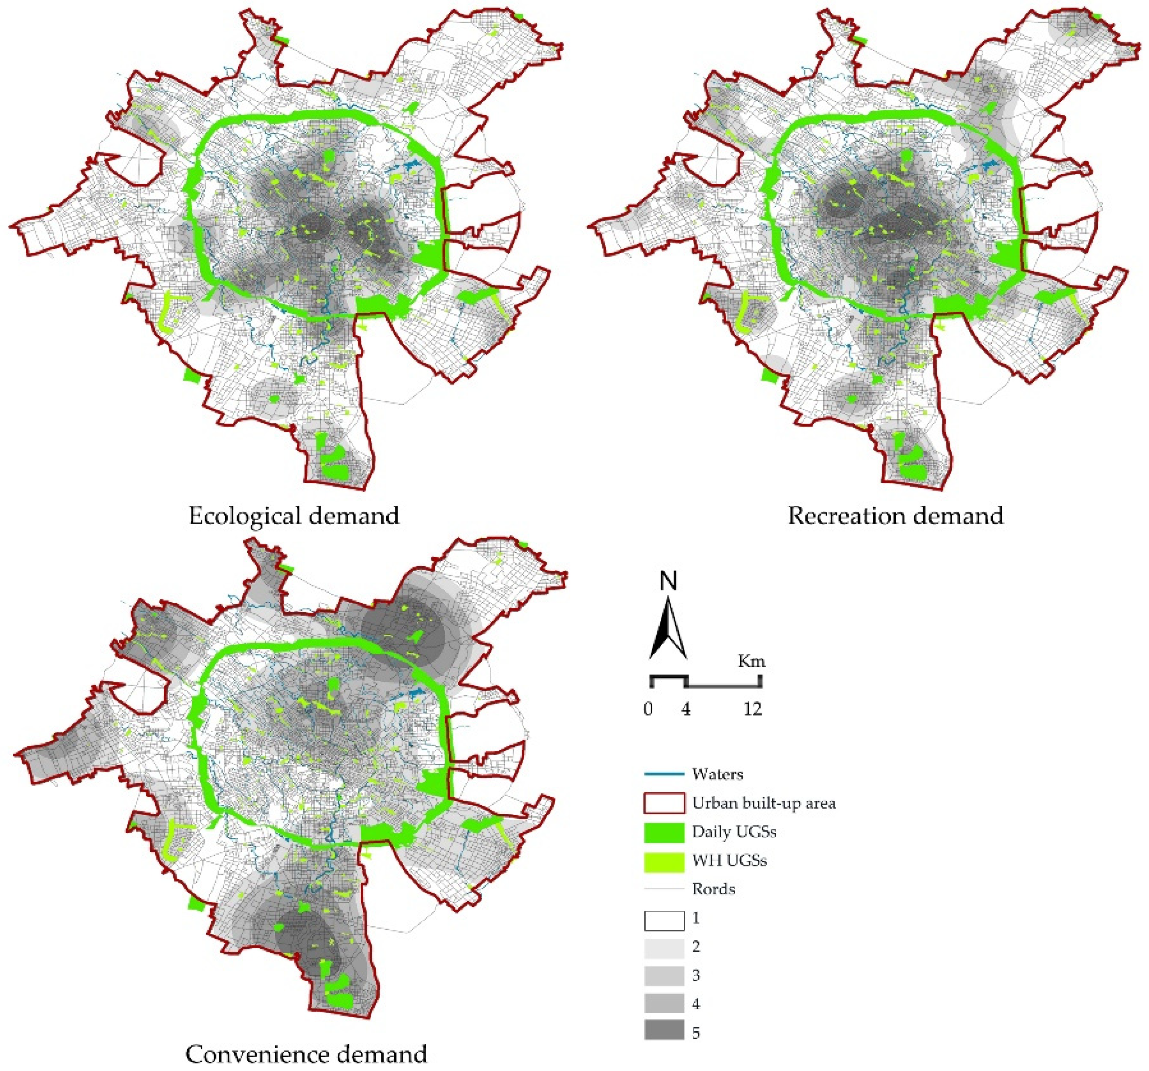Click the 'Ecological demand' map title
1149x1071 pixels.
pos(294,515)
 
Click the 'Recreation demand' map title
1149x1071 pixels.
pos(895,515)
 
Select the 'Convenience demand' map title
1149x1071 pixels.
pos(306,1054)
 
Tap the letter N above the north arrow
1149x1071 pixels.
pos(669,583)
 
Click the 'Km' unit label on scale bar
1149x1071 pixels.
pos(751,661)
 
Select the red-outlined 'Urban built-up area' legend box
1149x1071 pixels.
pos(664,803)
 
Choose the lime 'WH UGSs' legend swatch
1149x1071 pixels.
pos(664,861)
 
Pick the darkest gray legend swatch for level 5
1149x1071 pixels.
pos(664,1032)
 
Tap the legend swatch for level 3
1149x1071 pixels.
pos(664,975)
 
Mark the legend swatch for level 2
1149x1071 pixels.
pos(664,947)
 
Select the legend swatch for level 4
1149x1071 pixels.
pos(664,1004)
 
